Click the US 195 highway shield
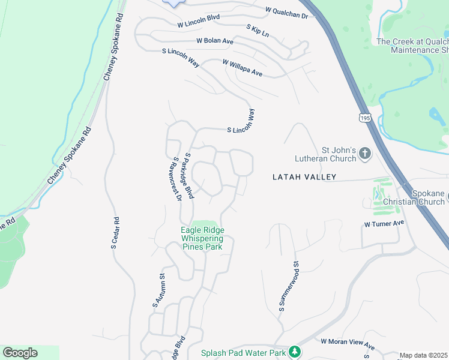[364, 117]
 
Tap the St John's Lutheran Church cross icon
[365, 154]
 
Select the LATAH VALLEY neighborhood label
[304, 177]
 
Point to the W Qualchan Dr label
[286, 13]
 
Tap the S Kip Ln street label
[258, 30]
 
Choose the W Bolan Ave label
[214, 41]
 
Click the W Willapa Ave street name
[243, 67]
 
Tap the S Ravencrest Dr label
[177, 179]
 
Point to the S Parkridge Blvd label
[189, 176]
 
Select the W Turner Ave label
[384, 223]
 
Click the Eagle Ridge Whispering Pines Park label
[202, 238]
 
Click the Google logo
[20, 353]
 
